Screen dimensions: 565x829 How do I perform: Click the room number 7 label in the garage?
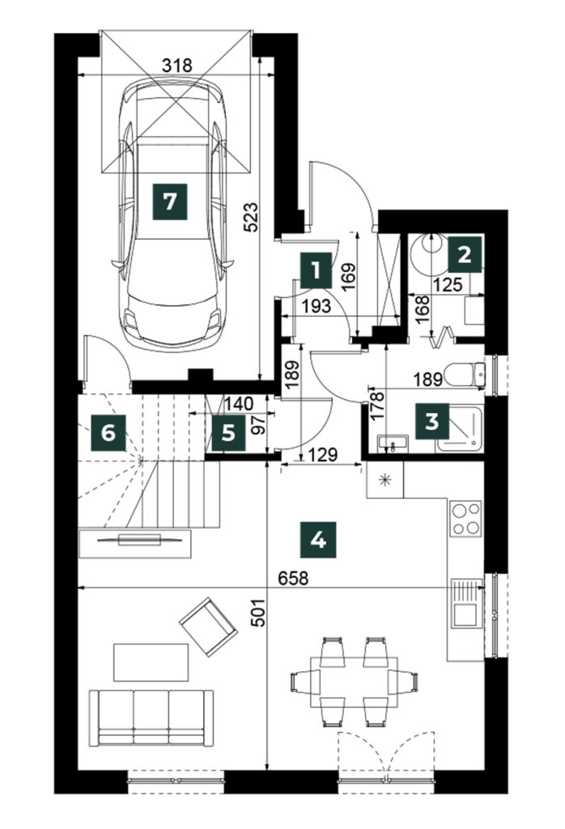coord(170,202)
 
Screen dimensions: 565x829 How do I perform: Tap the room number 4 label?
coord(317,540)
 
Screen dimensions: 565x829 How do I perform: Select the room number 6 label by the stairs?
coord(108,434)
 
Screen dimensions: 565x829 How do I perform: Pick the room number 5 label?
coord(228,434)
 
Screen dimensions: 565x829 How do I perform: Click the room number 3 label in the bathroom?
coord(431,422)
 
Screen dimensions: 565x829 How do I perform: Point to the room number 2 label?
coord(465,256)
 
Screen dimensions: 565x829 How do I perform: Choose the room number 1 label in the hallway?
coord(316,271)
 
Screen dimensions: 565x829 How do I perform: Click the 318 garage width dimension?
coord(176,66)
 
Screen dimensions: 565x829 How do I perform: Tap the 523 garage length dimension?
coord(251,217)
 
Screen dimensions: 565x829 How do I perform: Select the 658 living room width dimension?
coord(293,578)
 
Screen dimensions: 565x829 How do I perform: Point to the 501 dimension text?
coord(257,613)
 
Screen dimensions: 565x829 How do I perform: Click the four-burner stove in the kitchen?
coord(465,518)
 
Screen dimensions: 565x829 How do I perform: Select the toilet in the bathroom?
coord(465,376)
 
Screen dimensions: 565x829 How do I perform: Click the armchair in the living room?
coord(208,627)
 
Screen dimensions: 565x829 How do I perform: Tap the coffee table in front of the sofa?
coord(151,662)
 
